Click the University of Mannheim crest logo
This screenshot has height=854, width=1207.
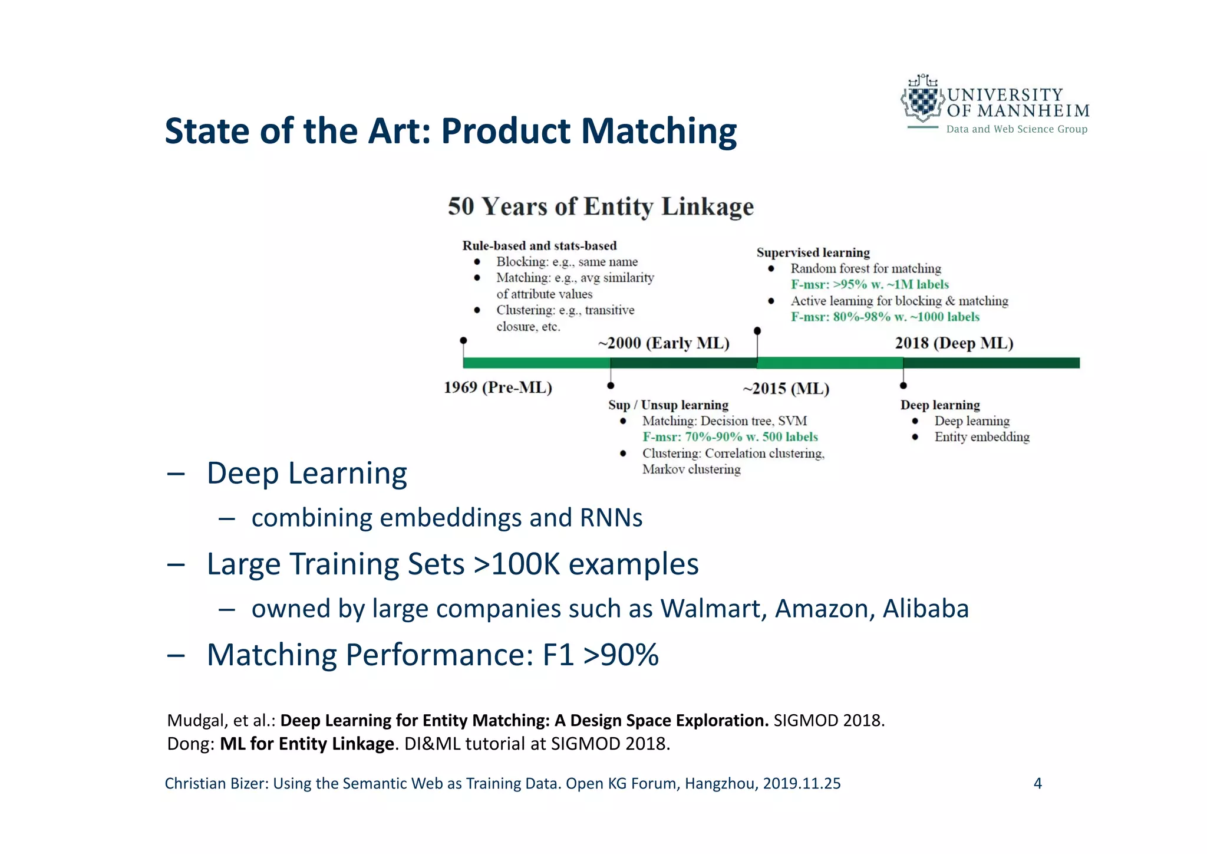pos(921,100)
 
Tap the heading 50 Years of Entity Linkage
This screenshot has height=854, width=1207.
pos(601,206)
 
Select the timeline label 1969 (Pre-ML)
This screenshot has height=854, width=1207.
pos(497,387)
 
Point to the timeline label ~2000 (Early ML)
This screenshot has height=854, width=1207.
pos(664,343)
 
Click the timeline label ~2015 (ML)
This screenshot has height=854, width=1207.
pos(786,389)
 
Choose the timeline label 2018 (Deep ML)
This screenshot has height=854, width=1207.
pos(954,343)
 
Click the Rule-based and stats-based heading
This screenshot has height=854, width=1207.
pos(539,246)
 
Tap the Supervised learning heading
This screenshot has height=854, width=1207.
pos(813,252)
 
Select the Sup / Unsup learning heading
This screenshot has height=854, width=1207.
pos(668,405)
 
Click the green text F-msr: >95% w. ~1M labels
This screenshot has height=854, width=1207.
pos(869,285)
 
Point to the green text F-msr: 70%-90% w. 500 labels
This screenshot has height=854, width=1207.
pos(730,437)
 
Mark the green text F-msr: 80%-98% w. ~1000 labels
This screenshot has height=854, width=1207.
pos(885,317)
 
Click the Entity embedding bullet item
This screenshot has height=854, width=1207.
pos(981,437)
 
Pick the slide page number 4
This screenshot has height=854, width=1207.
pos(1037,783)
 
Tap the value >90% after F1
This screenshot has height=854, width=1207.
pos(621,655)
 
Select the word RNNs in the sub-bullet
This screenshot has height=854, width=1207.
pos(611,518)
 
